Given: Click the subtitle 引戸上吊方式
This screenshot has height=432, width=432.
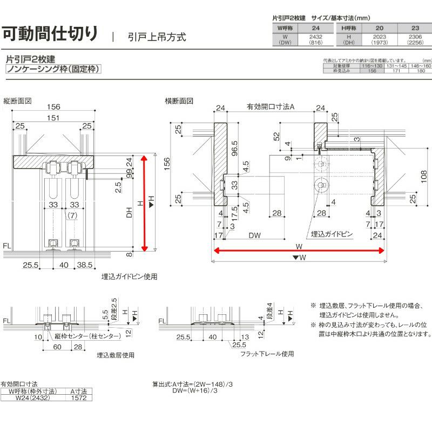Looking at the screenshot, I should click(x=157, y=37).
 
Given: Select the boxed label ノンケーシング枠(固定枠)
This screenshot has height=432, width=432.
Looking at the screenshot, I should click(x=53, y=69).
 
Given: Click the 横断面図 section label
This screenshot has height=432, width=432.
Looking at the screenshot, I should click(x=179, y=101).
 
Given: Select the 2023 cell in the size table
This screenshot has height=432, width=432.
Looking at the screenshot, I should click(x=379, y=37).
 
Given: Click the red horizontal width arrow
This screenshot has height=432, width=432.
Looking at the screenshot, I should click(x=299, y=250).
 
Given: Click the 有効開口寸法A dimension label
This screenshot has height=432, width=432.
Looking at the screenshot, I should click(x=270, y=107).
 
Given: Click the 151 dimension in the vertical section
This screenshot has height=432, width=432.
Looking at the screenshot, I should click(x=53, y=118).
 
